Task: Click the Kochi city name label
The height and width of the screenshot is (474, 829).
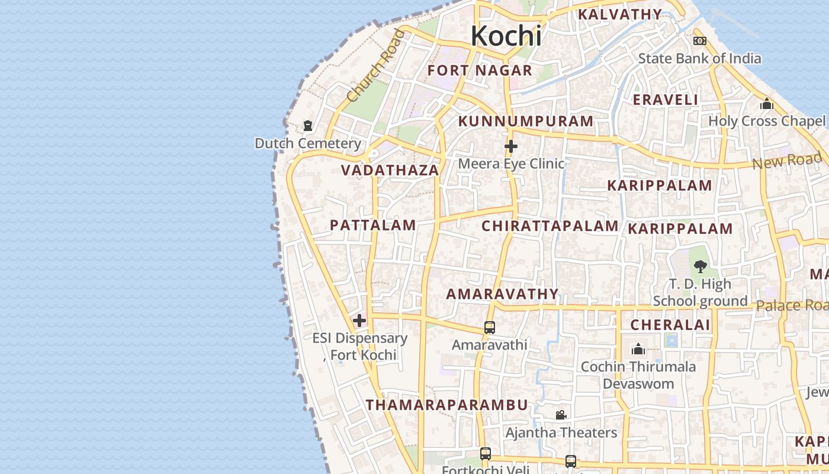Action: (x=506, y=36)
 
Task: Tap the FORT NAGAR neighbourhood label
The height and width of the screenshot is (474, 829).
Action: (x=480, y=71)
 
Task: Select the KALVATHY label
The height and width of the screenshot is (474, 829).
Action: (x=619, y=14)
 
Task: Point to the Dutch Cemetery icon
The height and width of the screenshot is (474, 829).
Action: (x=308, y=126)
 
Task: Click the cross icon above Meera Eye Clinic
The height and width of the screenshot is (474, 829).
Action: (x=511, y=146)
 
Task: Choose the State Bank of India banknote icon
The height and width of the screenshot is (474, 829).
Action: (x=700, y=41)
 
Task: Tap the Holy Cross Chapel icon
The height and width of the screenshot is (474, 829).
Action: (x=767, y=104)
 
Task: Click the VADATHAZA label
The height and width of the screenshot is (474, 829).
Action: (x=390, y=171)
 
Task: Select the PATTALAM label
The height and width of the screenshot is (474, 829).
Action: (x=372, y=225)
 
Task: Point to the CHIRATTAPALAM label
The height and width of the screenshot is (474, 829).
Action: (x=550, y=226)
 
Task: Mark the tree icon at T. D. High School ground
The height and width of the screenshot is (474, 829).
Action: (x=700, y=266)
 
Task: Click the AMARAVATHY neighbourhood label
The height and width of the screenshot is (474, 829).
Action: (x=502, y=294)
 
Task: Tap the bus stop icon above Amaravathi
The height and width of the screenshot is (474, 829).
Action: (x=490, y=327)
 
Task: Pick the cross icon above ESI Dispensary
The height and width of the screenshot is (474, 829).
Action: (x=359, y=321)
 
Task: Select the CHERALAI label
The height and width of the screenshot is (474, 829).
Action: (x=670, y=325)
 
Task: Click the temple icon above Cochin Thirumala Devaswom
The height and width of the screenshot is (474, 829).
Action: (x=638, y=349)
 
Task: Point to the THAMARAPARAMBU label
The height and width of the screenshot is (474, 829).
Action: (x=446, y=405)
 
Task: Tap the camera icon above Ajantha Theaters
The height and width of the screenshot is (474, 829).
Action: (x=561, y=415)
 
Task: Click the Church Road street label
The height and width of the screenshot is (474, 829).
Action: (x=376, y=65)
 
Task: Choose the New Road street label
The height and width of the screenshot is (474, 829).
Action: (x=787, y=161)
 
